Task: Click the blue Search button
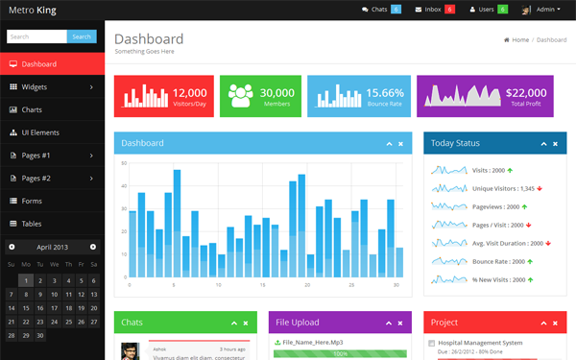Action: pos(81,36)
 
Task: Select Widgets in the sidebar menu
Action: pos(34,86)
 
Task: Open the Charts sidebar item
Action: pos(32,109)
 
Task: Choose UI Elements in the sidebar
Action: pos(39,132)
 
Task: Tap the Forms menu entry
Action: pos(32,201)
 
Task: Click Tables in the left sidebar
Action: pos(32,224)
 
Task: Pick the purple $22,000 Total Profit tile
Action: pos(485,96)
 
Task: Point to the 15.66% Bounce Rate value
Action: pos(385,92)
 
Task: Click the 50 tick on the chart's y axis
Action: pos(124,163)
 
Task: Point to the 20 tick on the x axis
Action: pos(307,285)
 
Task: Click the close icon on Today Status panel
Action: pos(556,144)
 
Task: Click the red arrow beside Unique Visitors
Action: pos(540,188)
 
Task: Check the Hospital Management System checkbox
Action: pos(431,343)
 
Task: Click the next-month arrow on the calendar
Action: pos(93,247)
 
